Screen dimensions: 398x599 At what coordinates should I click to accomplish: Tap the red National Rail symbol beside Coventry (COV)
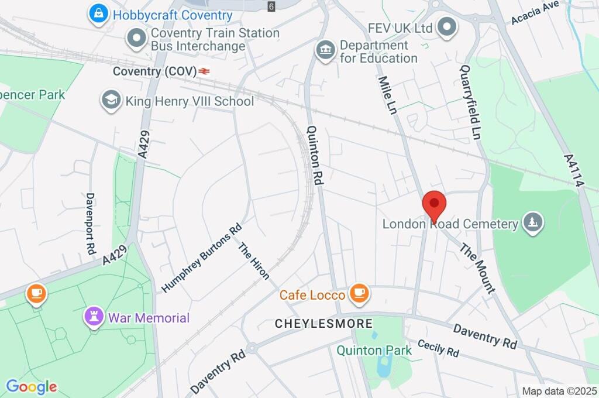point(204,71)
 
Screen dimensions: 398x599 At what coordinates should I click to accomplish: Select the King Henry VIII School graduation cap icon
point(110,101)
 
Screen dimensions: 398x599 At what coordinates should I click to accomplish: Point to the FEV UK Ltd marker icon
point(447,28)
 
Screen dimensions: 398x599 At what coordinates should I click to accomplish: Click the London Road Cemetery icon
point(533,223)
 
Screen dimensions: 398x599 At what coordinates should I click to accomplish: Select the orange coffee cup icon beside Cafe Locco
point(358,294)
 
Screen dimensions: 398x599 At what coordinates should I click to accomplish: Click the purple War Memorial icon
point(94,318)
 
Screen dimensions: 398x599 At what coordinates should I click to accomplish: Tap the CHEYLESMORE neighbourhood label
point(323,324)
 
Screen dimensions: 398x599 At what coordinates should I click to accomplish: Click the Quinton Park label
point(374,351)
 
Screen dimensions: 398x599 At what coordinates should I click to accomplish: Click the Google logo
point(32,387)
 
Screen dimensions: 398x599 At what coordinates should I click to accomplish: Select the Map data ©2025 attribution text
point(559,391)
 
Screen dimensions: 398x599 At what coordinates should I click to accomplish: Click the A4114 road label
point(574,170)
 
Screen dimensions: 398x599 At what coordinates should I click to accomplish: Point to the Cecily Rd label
point(438,348)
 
